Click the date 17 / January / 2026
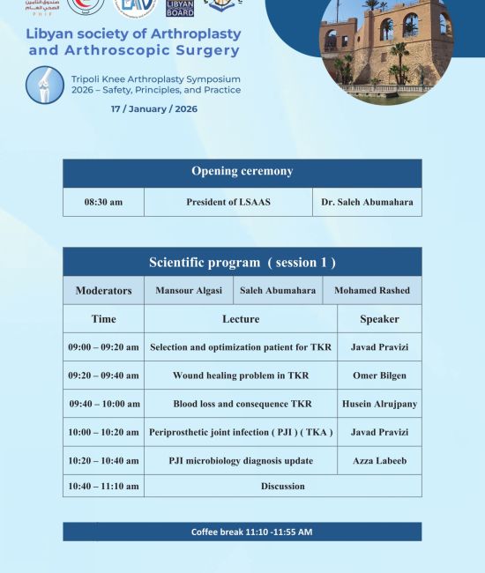tap(153, 109)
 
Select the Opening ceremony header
tap(242, 172)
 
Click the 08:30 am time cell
tap(103, 202)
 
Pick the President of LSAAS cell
tap(228, 202)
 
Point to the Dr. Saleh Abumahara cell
tap(367, 202)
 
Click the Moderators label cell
tap(103, 290)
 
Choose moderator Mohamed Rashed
tap(371, 290)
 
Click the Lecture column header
tap(240, 319)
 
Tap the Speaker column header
tap(379, 319)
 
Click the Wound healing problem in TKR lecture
tap(240, 376)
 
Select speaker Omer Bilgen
tap(379, 376)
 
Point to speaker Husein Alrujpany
tap(379, 404)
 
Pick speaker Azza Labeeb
tap(379, 460)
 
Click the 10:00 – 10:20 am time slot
tap(103, 432)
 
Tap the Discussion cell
tap(282, 486)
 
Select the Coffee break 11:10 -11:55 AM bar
tap(242, 532)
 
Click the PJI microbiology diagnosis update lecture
tap(240, 460)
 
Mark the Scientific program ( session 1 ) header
tap(242, 262)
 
